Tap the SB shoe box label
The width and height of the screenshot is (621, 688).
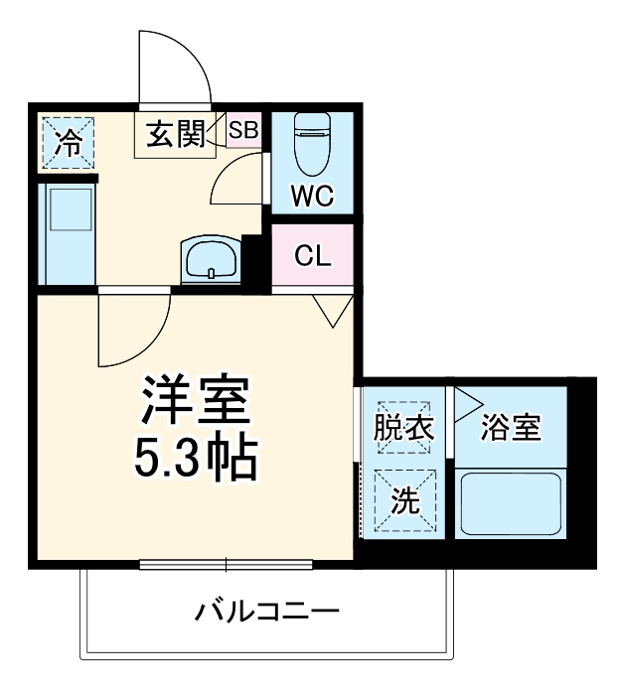244,129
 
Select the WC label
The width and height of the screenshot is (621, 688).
311,197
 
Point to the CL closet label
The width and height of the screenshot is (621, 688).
312,256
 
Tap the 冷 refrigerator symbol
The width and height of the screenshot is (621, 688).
69,143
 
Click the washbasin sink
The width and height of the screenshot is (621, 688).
210,260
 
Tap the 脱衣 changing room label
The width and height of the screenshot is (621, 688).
403,428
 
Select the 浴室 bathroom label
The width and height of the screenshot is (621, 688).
511,428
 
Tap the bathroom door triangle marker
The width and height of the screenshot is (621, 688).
466,401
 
